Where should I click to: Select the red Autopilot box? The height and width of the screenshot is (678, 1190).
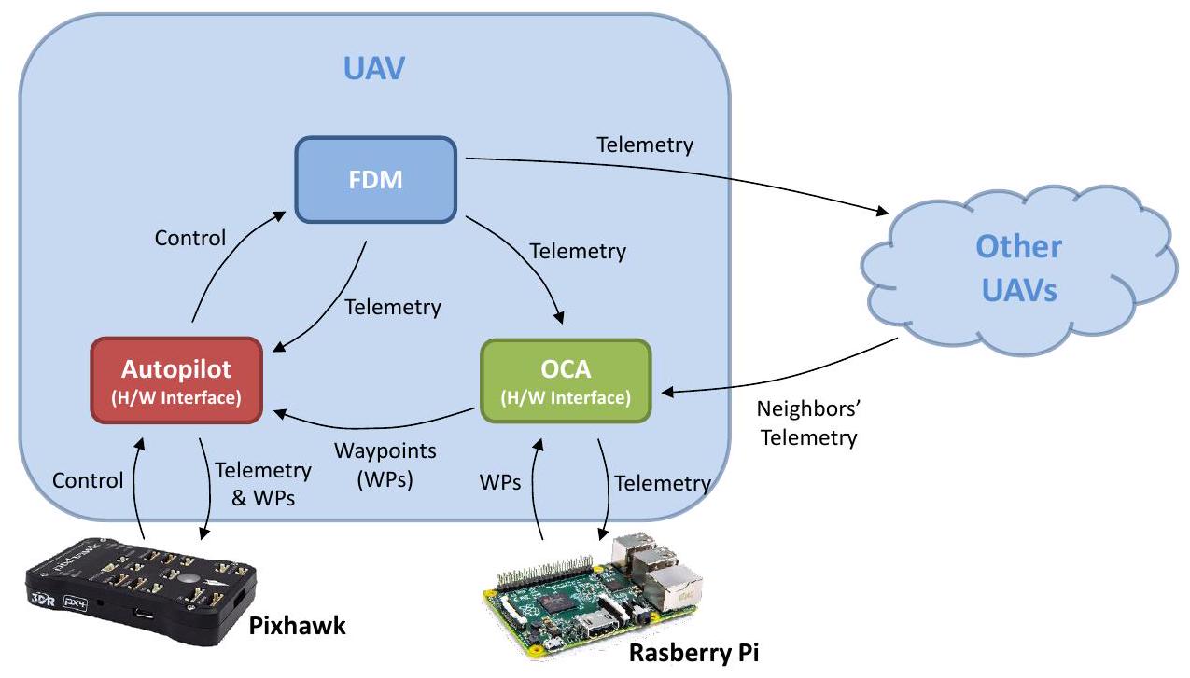pos(175,380)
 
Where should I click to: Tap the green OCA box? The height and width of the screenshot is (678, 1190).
pos(565,381)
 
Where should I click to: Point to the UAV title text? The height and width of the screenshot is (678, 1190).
pos(373,68)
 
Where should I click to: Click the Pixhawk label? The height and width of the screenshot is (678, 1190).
pos(297,626)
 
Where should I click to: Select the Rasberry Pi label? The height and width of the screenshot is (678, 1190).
pos(693,652)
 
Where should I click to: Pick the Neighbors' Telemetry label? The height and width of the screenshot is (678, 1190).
pos(808,423)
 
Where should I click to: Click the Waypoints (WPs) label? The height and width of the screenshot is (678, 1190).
pos(385,465)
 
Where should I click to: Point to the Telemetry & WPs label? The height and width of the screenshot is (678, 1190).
pos(262,484)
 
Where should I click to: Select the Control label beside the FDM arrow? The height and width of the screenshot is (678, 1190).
pos(190,238)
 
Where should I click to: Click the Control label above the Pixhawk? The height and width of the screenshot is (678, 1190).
pos(88,481)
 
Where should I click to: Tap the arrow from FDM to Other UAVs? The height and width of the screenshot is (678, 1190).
pos(691,173)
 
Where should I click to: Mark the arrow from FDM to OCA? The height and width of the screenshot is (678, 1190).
pos(527,261)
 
